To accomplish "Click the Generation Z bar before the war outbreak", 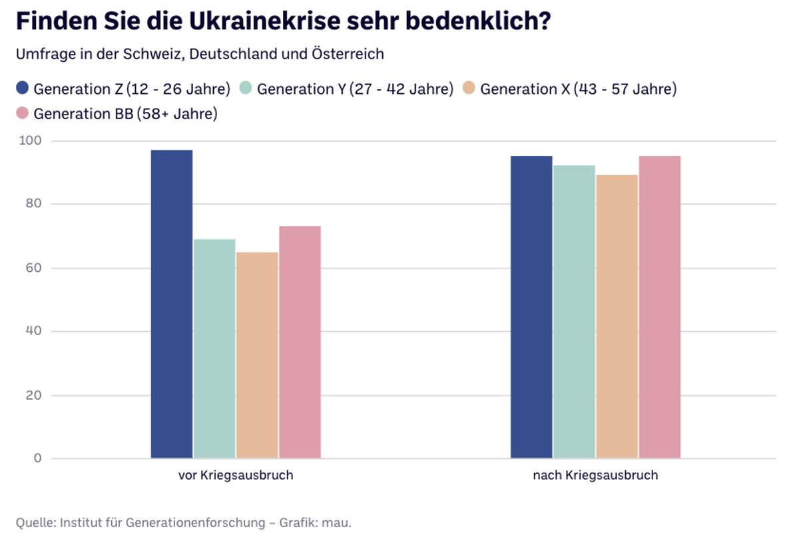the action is pos(172,304).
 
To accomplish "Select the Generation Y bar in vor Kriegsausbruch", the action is pos(214,348).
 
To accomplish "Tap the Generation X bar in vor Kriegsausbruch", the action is pos(257,355).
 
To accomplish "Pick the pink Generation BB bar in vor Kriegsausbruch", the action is pos(300,342).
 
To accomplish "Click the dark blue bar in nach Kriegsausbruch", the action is pos(531,307).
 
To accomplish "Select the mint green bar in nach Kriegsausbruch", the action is pos(574,312).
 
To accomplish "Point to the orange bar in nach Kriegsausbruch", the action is pos(617,316).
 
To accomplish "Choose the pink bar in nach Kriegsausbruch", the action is pos(660,307).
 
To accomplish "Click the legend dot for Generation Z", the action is pos(22,88).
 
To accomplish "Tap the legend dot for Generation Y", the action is pos(246,88).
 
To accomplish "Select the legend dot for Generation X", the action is pos(469,88).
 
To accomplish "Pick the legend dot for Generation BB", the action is pos(22,113).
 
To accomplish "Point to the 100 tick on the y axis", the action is pos(31,141).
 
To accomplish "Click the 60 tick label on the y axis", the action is pos(33,268).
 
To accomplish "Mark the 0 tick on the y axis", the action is pos(38,458).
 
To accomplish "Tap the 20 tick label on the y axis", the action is pos(33,395).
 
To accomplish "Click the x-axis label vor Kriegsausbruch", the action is pos(236,476).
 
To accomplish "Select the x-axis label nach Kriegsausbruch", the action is pos(596,476).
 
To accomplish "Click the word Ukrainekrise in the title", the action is pos(264,21).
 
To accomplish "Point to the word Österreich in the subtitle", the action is pos(348,54).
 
